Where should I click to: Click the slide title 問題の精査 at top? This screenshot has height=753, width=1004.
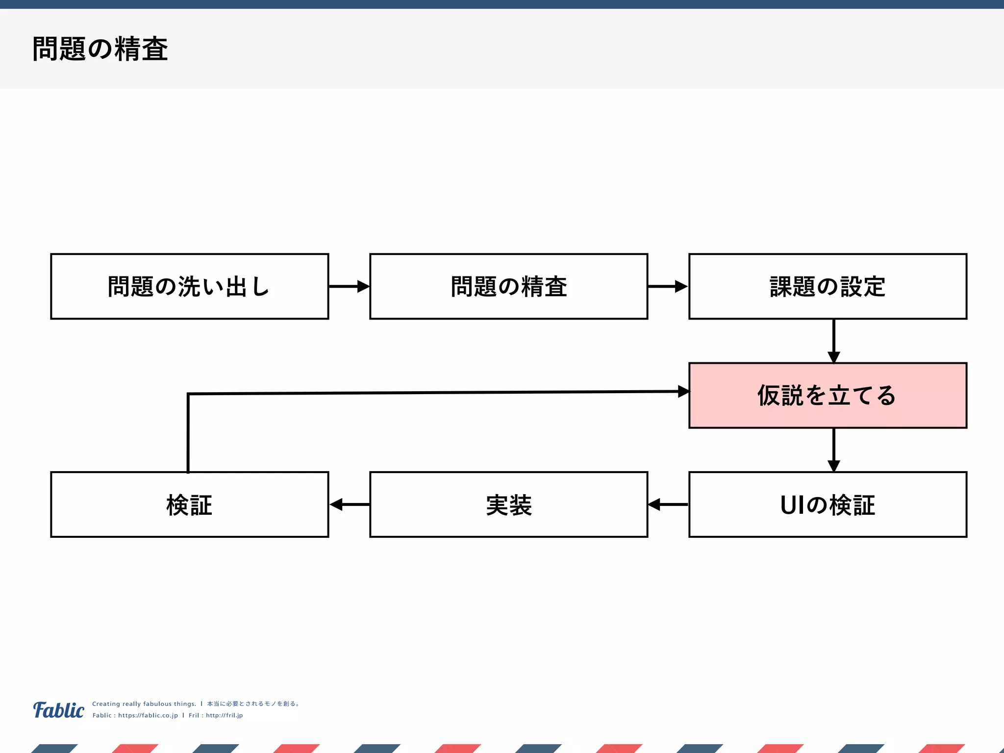point(100,49)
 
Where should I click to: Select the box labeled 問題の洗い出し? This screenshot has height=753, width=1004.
point(189,287)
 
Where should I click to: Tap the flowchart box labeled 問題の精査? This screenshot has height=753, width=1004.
point(508,287)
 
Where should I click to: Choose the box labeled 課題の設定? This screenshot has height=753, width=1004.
point(828,287)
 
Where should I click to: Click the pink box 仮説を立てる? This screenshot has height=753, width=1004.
point(828,396)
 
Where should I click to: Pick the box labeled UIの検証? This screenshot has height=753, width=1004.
point(828,505)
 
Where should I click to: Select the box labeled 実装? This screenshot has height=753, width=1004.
point(508,505)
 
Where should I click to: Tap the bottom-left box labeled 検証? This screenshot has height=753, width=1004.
point(189,505)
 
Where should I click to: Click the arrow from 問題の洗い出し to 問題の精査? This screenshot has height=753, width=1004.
point(349,286)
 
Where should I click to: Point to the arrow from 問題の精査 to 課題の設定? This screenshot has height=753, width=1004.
point(668,286)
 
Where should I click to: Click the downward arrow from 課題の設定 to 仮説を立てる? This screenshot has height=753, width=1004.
point(834,341)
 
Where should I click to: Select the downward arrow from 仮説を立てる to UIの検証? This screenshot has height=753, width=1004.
point(834,450)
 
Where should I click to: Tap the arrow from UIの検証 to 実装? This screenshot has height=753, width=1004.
point(668,504)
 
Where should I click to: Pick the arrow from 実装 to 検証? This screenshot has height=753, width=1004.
point(349,504)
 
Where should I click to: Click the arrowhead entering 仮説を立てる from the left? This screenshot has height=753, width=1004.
point(683,391)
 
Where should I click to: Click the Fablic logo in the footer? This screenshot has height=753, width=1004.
point(59,710)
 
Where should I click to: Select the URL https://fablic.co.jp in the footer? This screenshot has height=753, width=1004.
point(148,715)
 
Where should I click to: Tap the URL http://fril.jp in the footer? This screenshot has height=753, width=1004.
point(224,715)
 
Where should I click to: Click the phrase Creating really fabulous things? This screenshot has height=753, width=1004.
point(144,704)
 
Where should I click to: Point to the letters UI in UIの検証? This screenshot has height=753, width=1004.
point(792,505)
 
